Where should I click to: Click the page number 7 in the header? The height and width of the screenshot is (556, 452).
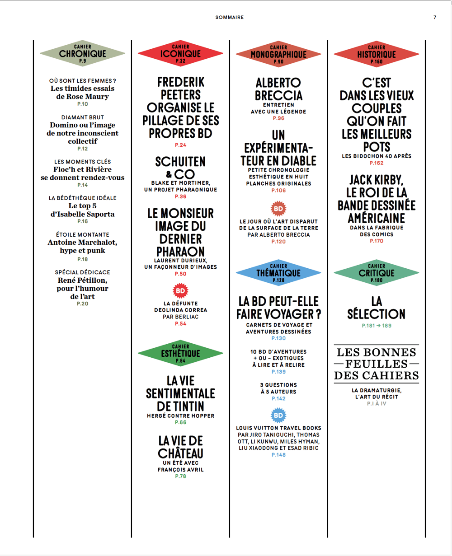click(x=435, y=17)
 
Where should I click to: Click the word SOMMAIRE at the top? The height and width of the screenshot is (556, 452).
click(x=230, y=17)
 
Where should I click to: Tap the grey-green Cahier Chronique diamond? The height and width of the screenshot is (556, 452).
click(x=82, y=53)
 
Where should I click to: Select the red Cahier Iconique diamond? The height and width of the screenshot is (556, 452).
click(x=180, y=53)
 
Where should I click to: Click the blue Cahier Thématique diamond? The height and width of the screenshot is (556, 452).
click(x=278, y=273)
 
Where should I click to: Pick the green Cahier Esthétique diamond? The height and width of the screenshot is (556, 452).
click(x=180, y=353)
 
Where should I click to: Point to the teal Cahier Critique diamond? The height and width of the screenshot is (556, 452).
click(x=377, y=273)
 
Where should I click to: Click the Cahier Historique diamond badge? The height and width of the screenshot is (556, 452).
click(x=377, y=54)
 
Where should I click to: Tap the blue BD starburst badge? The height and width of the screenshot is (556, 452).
click(x=278, y=416)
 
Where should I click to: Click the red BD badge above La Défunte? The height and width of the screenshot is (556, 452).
click(x=180, y=290)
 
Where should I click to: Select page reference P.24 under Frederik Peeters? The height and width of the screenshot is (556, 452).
click(x=180, y=145)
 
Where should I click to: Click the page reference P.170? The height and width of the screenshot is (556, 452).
click(x=377, y=241)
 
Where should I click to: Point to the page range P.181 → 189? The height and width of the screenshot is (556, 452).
click(x=377, y=326)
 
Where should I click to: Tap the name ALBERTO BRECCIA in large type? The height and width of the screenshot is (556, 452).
click(x=278, y=89)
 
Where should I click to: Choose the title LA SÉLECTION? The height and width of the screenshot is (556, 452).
click(x=377, y=308)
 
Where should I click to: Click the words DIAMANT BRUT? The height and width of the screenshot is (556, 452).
click(x=82, y=117)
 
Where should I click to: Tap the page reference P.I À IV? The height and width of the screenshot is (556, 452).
click(x=377, y=403)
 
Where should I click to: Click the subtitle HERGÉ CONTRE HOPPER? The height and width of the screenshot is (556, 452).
click(x=180, y=416)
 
